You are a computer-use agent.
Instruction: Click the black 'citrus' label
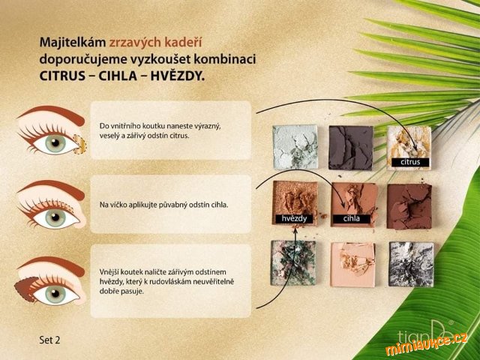pyautogui.click(x=410, y=162)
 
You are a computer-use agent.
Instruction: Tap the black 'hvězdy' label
pyautogui.click(x=294, y=218)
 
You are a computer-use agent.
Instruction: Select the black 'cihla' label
pyautogui.click(x=351, y=218)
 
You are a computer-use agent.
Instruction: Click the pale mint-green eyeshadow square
pyautogui.click(x=295, y=147)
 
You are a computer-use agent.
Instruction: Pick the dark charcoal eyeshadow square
pyautogui.click(x=351, y=148)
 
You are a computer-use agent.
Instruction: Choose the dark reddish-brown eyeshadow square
pyautogui.click(x=409, y=206)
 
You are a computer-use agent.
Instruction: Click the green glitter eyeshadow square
pyautogui.click(x=293, y=263)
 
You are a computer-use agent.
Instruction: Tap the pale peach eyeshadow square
pyautogui.click(x=352, y=265)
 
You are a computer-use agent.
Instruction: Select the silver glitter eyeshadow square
pyautogui.click(x=411, y=265)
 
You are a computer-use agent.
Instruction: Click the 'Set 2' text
pyautogui.click(x=49, y=340)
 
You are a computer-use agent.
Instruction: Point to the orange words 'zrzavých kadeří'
pyautogui.click(x=155, y=43)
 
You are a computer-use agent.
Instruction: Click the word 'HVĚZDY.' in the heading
pyautogui.click(x=178, y=76)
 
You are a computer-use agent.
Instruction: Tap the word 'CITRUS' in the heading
pyautogui.click(x=62, y=76)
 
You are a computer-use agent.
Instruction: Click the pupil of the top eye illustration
pyautogui.click(x=55, y=143)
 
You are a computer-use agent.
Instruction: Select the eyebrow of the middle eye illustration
pyautogui.click(x=52, y=188)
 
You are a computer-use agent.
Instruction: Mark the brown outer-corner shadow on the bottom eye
pyautogui.click(x=25, y=289)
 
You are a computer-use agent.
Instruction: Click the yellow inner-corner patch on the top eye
pyautogui.click(x=80, y=144)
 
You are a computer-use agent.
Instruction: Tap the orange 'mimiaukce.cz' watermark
pyautogui.click(x=427, y=343)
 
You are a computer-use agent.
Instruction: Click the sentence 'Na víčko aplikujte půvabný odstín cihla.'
pyautogui.click(x=163, y=205)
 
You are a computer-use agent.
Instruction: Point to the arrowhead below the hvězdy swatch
pyautogui.click(x=295, y=229)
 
